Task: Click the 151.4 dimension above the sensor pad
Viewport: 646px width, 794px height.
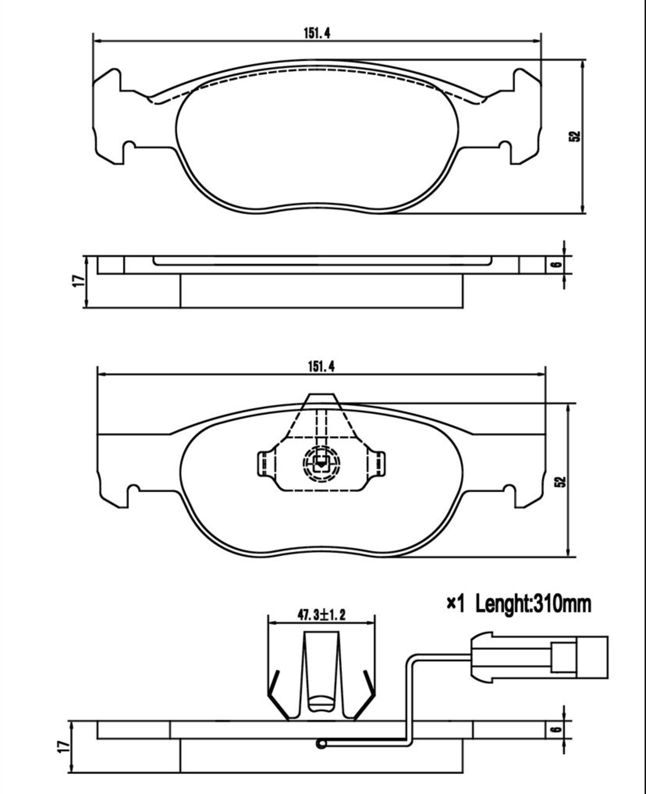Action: (x=321, y=366)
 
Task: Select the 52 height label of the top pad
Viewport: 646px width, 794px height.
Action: (x=575, y=136)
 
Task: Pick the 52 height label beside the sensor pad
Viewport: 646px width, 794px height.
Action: (x=561, y=482)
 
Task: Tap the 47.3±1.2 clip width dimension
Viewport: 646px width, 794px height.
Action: (x=321, y=615)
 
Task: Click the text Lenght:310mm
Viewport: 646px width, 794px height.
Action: (x=533, y=604)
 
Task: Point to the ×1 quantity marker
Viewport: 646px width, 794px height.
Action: (x=455, y=604)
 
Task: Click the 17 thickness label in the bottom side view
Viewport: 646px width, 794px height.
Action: (x=63, y=746)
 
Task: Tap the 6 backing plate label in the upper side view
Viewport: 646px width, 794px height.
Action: (x=557, y=264)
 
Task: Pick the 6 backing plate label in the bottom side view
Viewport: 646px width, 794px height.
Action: (x=557, y=729)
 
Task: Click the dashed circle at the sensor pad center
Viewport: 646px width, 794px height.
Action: (x=321, y=463)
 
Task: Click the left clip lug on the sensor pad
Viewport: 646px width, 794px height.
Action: (x=263, y=463)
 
